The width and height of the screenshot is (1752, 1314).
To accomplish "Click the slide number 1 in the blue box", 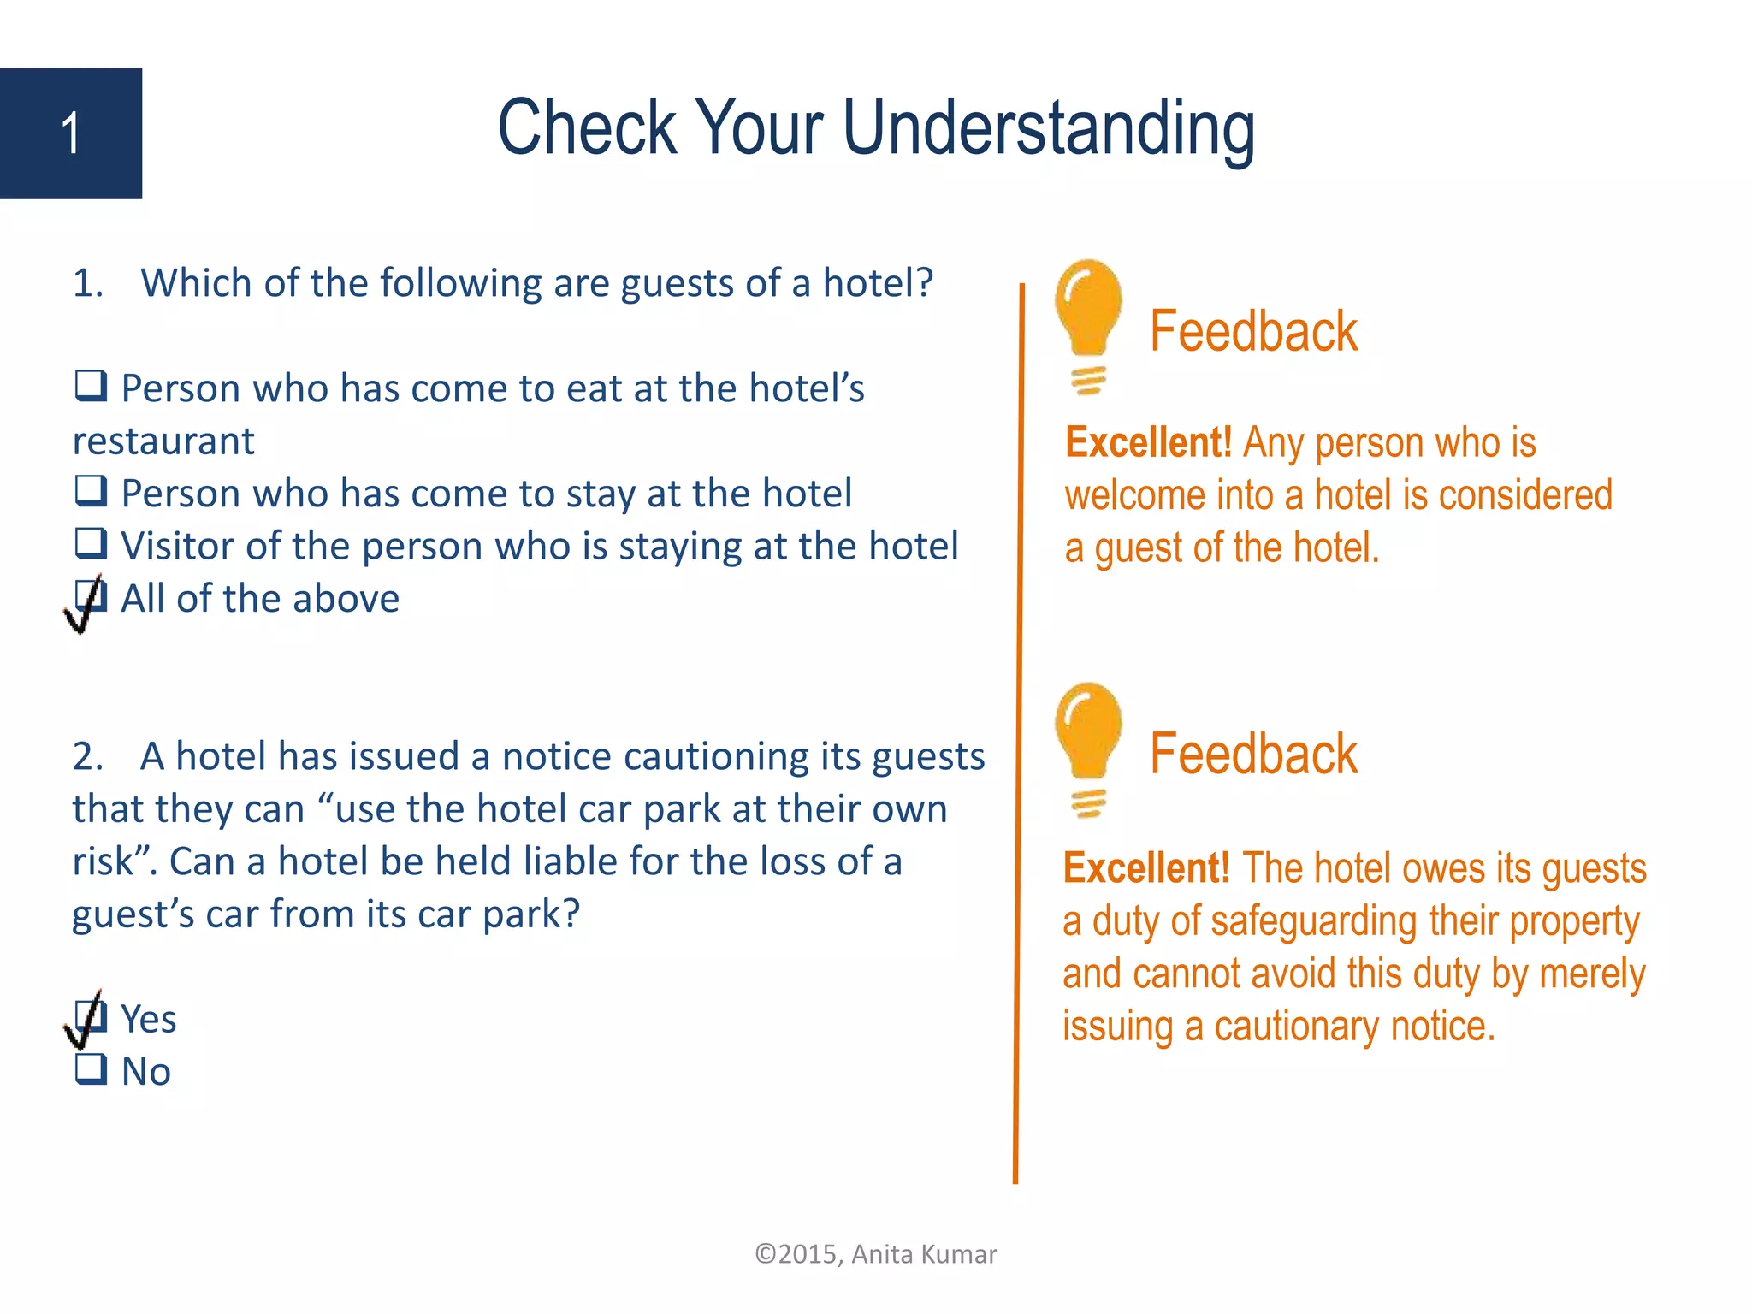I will [x=71, y=134].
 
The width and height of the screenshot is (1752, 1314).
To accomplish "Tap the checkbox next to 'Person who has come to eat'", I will [x=91, y=386].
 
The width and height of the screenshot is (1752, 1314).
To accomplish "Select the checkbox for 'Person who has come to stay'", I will [x=91, y=491].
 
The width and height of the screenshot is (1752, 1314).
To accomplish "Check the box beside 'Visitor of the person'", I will [x=91, y=543].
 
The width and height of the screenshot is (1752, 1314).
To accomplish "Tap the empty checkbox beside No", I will [x=91, y=1069].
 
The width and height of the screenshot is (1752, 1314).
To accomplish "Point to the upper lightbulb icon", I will [x=1088, y=325].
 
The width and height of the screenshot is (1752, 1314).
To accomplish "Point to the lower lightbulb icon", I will [x=1088, y=748].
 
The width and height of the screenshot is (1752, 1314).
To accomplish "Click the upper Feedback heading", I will [x=1252, y=332].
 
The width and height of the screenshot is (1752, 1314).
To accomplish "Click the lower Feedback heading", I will [x=1252, y=755].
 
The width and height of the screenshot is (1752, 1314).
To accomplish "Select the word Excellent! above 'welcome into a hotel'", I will [x=1148, y=443].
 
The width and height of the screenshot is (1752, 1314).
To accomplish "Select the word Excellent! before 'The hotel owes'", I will [x=1146, y=868].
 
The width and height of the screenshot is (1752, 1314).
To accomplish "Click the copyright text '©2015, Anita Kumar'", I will [x=875, y=1254].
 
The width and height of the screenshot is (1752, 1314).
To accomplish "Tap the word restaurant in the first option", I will [x=163, y=441].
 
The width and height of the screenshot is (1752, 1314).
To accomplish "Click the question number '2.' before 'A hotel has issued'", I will [x=87, y=757].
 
